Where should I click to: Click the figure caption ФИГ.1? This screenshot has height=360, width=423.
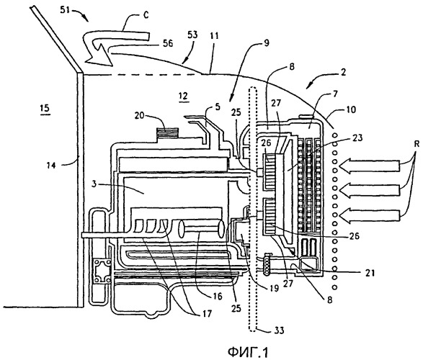248,351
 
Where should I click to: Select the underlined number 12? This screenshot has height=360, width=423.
184,96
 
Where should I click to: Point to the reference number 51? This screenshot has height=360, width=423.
65,11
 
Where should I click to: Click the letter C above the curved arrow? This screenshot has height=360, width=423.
146,15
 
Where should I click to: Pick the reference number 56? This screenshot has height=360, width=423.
168,43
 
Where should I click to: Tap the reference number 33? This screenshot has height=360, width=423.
279,330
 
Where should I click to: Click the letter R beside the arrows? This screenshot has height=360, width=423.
417,144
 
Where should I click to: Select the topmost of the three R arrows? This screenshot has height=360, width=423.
369,165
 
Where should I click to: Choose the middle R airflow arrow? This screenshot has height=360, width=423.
369,190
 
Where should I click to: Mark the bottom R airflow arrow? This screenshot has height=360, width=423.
369,215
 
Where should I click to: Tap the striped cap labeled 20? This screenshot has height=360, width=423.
167,132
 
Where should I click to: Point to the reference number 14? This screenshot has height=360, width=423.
50,165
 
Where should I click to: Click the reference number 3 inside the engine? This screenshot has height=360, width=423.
94,184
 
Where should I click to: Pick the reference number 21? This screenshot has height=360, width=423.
370,273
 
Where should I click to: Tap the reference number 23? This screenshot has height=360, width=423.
357,138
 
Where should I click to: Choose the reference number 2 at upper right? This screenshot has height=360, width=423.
342,72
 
